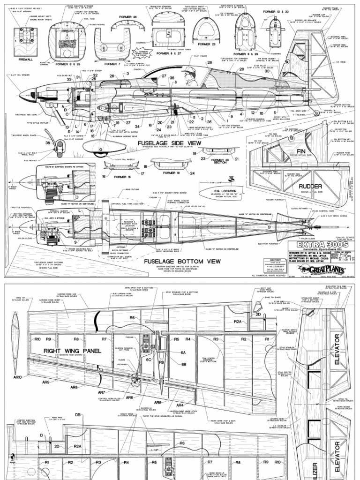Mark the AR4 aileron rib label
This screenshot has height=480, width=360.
(x=180, y=405)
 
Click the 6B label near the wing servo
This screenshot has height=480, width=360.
(x=184, y=364)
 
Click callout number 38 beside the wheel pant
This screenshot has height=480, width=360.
(x=47, y=143)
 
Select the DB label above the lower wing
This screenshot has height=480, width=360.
(x=78, y=415)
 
